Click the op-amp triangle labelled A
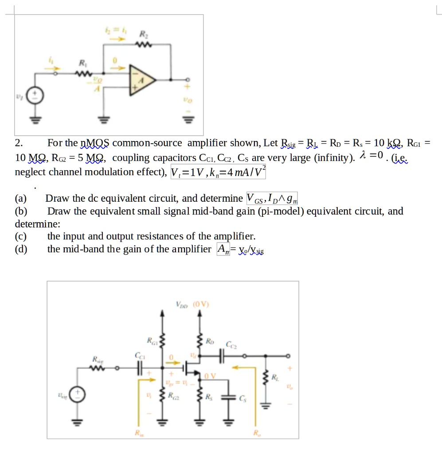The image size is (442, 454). [141, 80]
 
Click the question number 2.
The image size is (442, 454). [18, 143]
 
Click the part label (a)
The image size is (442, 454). [21, 198]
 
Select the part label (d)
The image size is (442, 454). [21, 249]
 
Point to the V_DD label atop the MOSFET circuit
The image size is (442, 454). [182, 305]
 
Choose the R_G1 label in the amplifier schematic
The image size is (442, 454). [152, 341]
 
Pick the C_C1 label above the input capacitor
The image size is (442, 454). [140, 355]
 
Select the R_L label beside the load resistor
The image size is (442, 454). [275, 377]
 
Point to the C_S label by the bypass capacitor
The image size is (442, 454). [242, 398]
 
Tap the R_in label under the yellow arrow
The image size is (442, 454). [140, 432]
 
